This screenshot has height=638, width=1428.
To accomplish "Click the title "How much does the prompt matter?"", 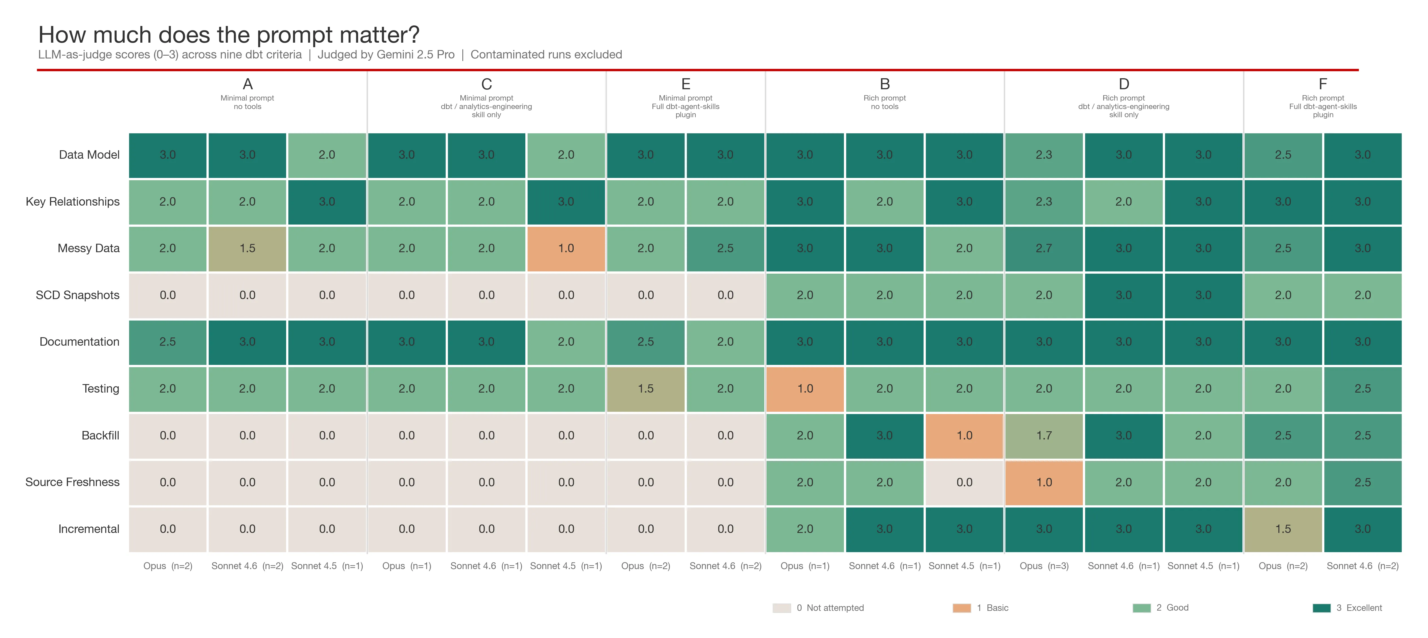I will pyautogui.click(x=228, y=35).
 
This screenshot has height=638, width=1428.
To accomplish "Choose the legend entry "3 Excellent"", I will pyautogui.click(x=1358, y=608).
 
